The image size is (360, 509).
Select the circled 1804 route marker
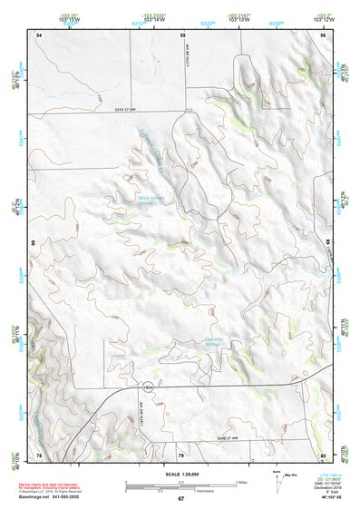click(x=146, y=386)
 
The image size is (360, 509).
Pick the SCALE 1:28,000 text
click(x=180, y=473)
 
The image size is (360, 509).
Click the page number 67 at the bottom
click(x=180, y=499)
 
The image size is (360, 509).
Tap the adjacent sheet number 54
click(x=39, y=34)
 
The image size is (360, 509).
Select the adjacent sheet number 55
click(x=182, y=34)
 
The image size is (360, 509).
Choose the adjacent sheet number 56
click(x=322, y=34)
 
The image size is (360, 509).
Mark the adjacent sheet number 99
click(x=31, y=243)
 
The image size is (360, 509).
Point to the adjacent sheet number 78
click(x=39, y=455)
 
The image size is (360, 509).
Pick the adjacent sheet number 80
click(x=322, y=455)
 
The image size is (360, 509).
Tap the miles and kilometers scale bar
click(x=180, y=485)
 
